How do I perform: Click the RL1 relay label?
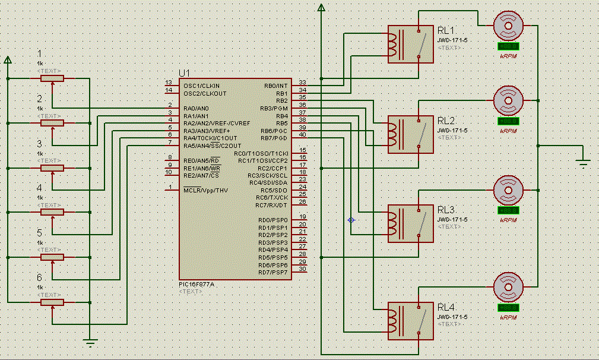tap(446, 31)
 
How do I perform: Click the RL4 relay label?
tap(446, 307)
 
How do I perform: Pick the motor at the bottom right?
tap(508, 287)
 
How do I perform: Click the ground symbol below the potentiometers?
tap(90, 342)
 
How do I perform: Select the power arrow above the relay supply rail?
tap(321, 8)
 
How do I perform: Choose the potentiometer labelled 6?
tap(52, 302)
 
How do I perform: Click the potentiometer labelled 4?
tap(52, 212)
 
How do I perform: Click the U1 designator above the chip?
tap(184, 73)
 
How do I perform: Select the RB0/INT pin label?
tap(275, 86)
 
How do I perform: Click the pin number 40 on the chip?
tap(302, 135)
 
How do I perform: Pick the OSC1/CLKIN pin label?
tap(201, 86)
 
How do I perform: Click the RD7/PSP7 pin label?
tap(273, 272)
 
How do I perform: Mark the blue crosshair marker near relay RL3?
tap(351, 220)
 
